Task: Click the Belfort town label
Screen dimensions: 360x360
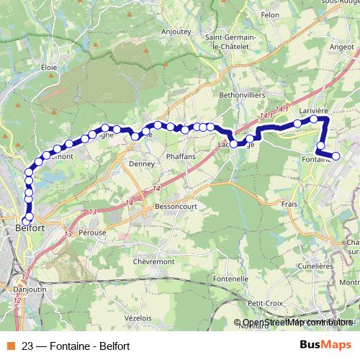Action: tap(30, 228)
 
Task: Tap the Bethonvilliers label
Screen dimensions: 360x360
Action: tap(243, 94)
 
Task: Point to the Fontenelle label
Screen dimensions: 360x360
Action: tap(230, 279)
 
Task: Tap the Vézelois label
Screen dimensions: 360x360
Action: tap(137, 318)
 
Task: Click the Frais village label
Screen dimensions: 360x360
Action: tap(289, 204)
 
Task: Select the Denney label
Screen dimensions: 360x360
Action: tap(141, 163)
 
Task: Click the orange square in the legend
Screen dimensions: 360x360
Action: tap(9, 345)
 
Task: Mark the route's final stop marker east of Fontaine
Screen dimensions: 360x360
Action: tap(335, 156)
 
